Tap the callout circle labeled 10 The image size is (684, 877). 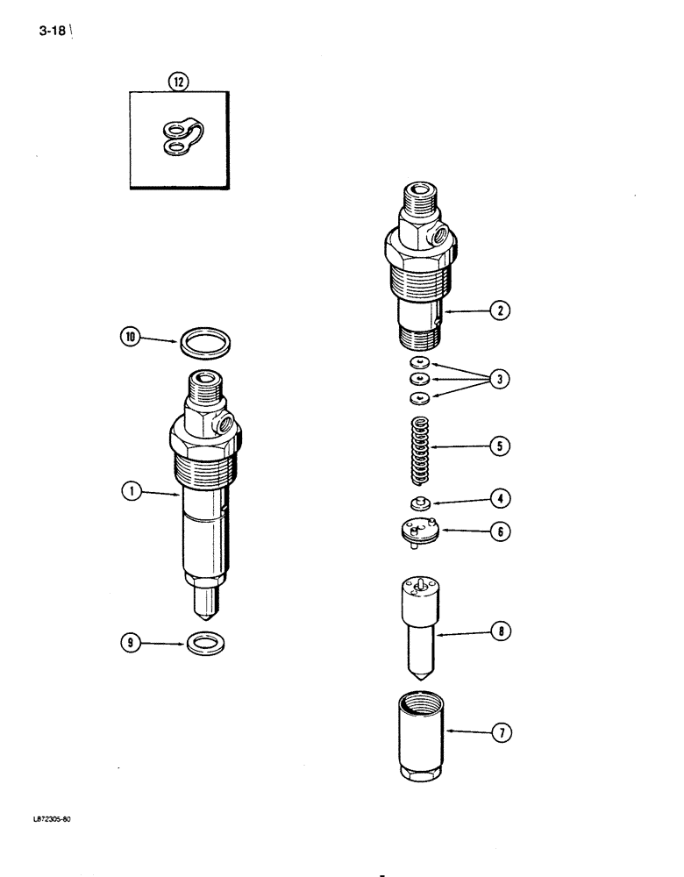click(132, 336)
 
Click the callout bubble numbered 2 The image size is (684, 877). click(501, 310)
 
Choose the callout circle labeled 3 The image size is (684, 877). click(501, 380)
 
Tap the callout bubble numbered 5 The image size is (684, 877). click(501, 446)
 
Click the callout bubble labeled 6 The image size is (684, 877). click(501, 531)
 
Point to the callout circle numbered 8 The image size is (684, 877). click(501, 631)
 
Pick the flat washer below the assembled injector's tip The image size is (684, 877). click(205, 646)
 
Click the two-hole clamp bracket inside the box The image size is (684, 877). click(180, 139)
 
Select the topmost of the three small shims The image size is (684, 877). click(419, 362)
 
